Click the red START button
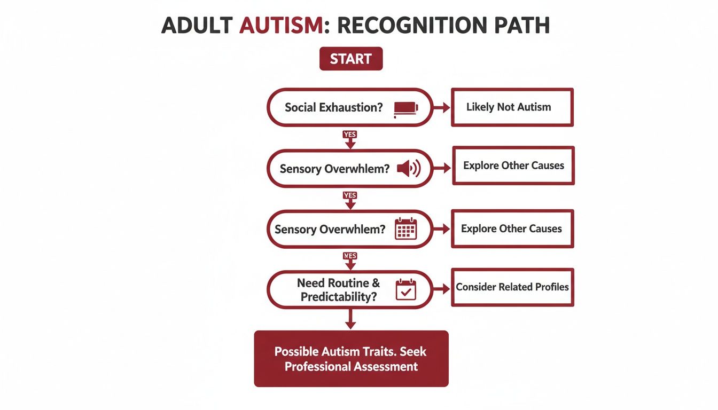pos(350,59)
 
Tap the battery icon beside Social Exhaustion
pos(405,108)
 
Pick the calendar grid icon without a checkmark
pos(405,230)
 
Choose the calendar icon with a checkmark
pos(405,290)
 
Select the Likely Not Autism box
pos(512,107)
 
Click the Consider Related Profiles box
pos(512,287)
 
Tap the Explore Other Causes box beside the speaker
pos(513,165)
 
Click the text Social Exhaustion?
pos(334,107)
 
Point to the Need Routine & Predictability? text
pos(338,290)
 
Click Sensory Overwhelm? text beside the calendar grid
pos(330,230)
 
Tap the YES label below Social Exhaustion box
pos(350,135)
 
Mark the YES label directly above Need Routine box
pos(350,256)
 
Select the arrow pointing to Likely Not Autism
pos(441,108)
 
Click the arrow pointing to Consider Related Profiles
pos(441,289)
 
